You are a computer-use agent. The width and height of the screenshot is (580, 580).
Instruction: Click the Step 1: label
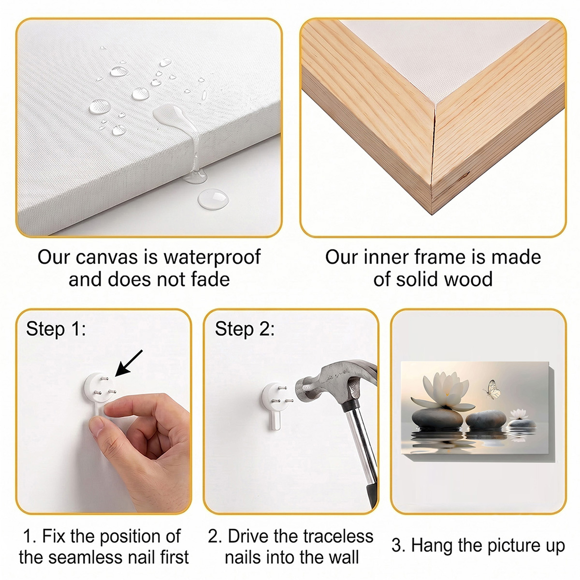pyautogui.click(x=56, y=329)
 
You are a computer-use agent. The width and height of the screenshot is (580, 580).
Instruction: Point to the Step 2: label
pyautogui.click(x=245, y=329)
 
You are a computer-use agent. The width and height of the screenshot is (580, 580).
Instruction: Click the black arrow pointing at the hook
pyautogui.click(x=129, y=363)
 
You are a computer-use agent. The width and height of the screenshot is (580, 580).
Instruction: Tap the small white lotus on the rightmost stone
pyautogui.click(x=520, y=414)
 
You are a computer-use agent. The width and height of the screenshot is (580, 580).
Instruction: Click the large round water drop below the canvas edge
pyautogui.click(x=213, y=199)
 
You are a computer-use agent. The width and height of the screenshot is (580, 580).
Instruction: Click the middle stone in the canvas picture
pyautogui.click(x=486, y=420)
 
